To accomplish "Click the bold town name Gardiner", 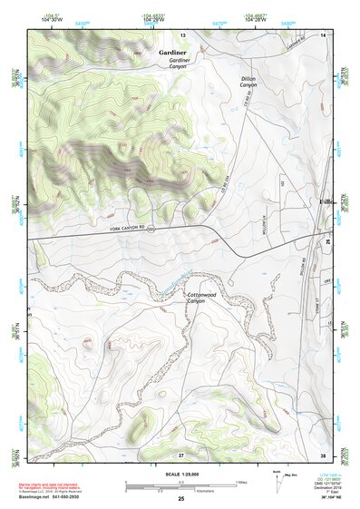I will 172,54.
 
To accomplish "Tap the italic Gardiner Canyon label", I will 180,66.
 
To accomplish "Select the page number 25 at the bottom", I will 180,500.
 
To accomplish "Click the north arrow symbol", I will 276,481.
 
